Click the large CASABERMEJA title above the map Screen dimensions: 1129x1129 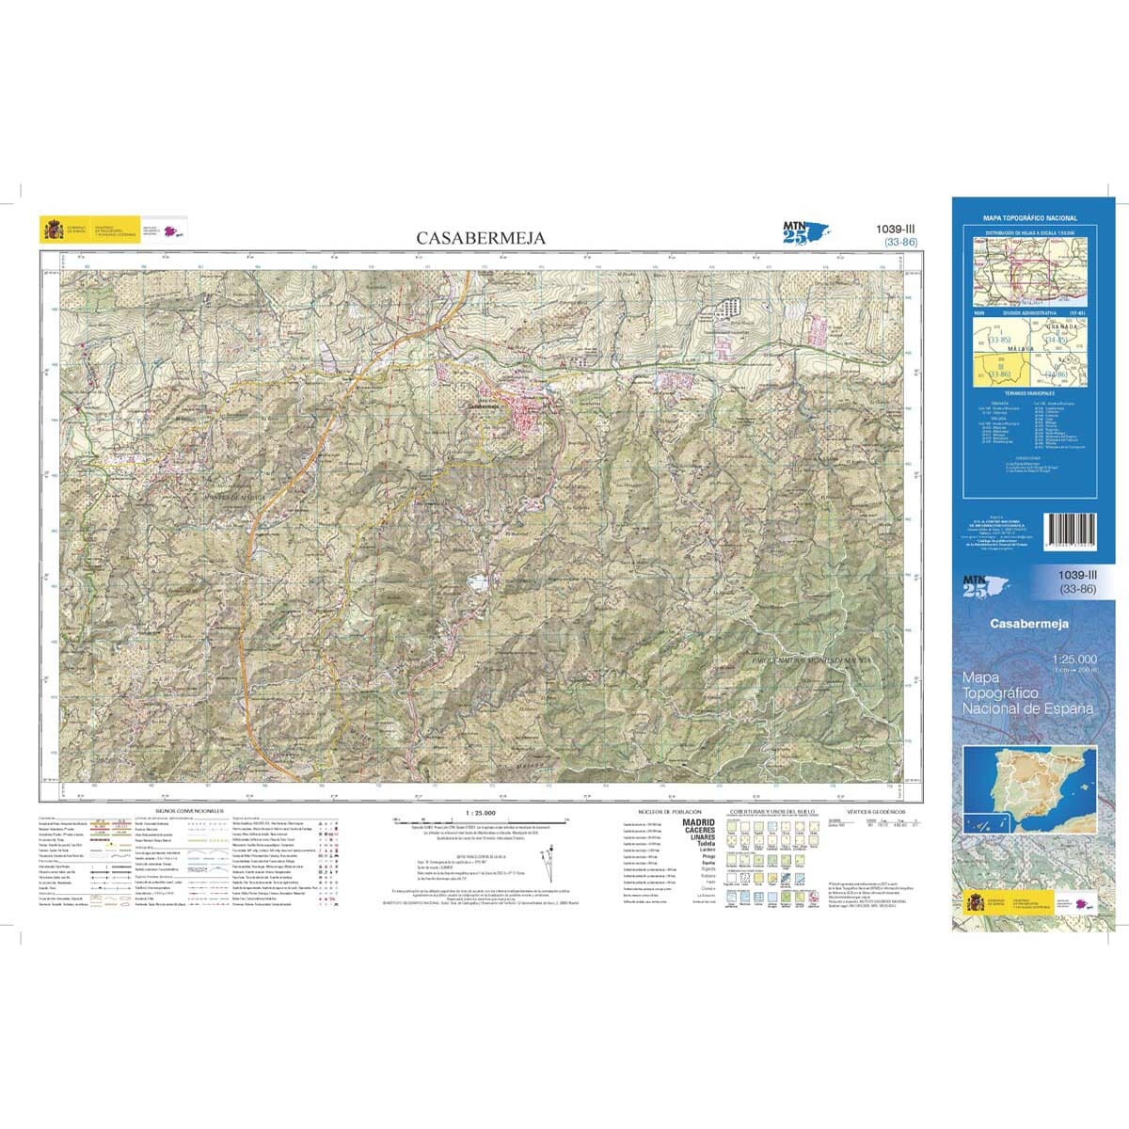click(x=481, y=238)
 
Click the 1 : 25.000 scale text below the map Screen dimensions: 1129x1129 click(x=480, y=811)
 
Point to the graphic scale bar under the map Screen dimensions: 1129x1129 click(x=480, y=820)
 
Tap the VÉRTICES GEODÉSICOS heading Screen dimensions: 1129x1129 click(x=875, y=810)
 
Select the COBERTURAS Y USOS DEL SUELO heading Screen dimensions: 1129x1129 click(x=771, y=810)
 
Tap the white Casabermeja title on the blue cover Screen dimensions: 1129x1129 click(x=1028, y=623)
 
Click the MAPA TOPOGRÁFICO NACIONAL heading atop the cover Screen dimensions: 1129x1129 click(x=1029, y=218)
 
